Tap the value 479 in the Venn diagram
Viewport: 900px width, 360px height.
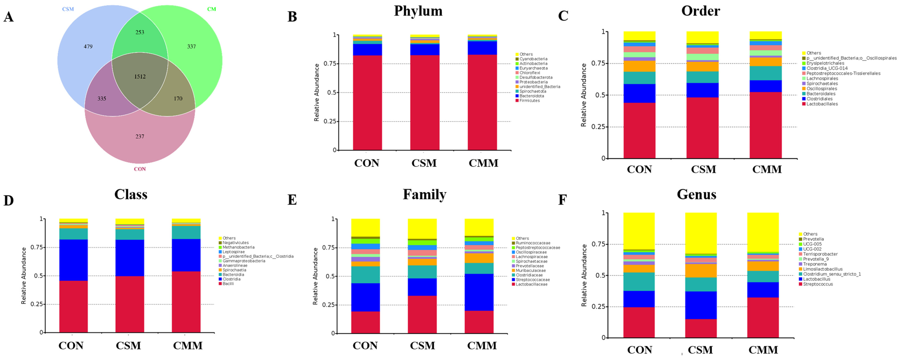click(88, 47)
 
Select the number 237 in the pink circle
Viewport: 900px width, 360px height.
click(140, 136)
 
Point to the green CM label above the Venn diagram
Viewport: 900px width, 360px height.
click(211, 9)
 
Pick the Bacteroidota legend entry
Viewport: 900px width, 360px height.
click(531, 96)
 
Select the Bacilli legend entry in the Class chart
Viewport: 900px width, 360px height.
click(228, 284)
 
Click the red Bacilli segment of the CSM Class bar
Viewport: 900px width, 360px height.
click(130, 304)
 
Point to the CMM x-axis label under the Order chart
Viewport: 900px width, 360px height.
click(767, 170)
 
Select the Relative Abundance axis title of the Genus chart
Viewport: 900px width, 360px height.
click(584, 275)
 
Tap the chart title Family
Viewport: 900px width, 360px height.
click(424, 194)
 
